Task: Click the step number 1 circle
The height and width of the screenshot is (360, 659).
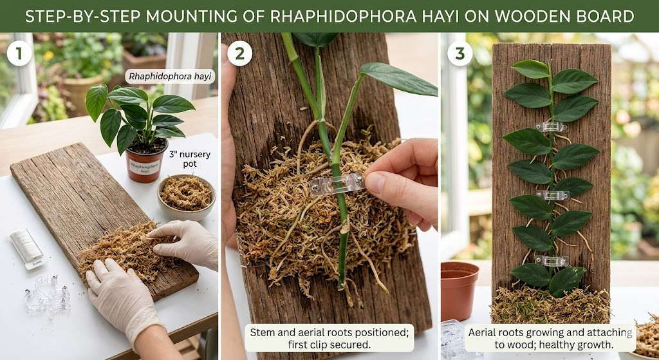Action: tap(19, 54)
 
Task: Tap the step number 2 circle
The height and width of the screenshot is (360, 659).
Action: tap(239, 54)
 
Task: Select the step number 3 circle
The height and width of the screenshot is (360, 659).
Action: tap(459, 54)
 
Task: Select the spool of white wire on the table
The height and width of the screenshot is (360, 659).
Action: tap(28, 248)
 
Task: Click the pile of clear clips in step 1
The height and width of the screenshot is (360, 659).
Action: tap(48, 293)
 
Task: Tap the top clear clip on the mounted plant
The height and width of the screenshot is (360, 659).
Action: tap(552, 127)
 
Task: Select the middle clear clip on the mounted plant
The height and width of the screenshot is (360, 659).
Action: tap(553, 194)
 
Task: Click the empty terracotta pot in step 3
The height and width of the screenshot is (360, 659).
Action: tap(459, 290)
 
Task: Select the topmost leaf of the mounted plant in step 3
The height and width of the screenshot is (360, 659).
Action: tap(531, 68)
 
